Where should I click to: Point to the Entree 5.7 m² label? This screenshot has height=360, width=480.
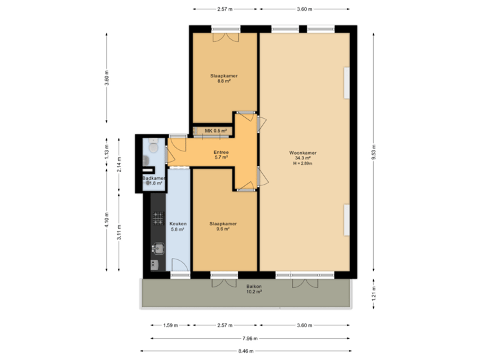click(221, 155)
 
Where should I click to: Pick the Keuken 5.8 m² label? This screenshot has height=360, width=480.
click(178, 226)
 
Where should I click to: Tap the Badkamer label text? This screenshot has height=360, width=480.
click(154, 179)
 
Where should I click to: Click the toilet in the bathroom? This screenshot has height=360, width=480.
click(153, 147)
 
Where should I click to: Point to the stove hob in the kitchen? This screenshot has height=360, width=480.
click(157, 217)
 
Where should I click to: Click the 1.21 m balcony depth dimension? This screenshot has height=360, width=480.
click(375, 294)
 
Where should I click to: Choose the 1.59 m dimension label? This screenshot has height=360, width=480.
click(170, 325)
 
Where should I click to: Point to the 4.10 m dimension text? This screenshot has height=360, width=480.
click(106, 219)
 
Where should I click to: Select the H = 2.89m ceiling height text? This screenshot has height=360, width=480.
click(303, 163)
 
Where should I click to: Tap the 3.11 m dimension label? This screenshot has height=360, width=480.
click(119, 231)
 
